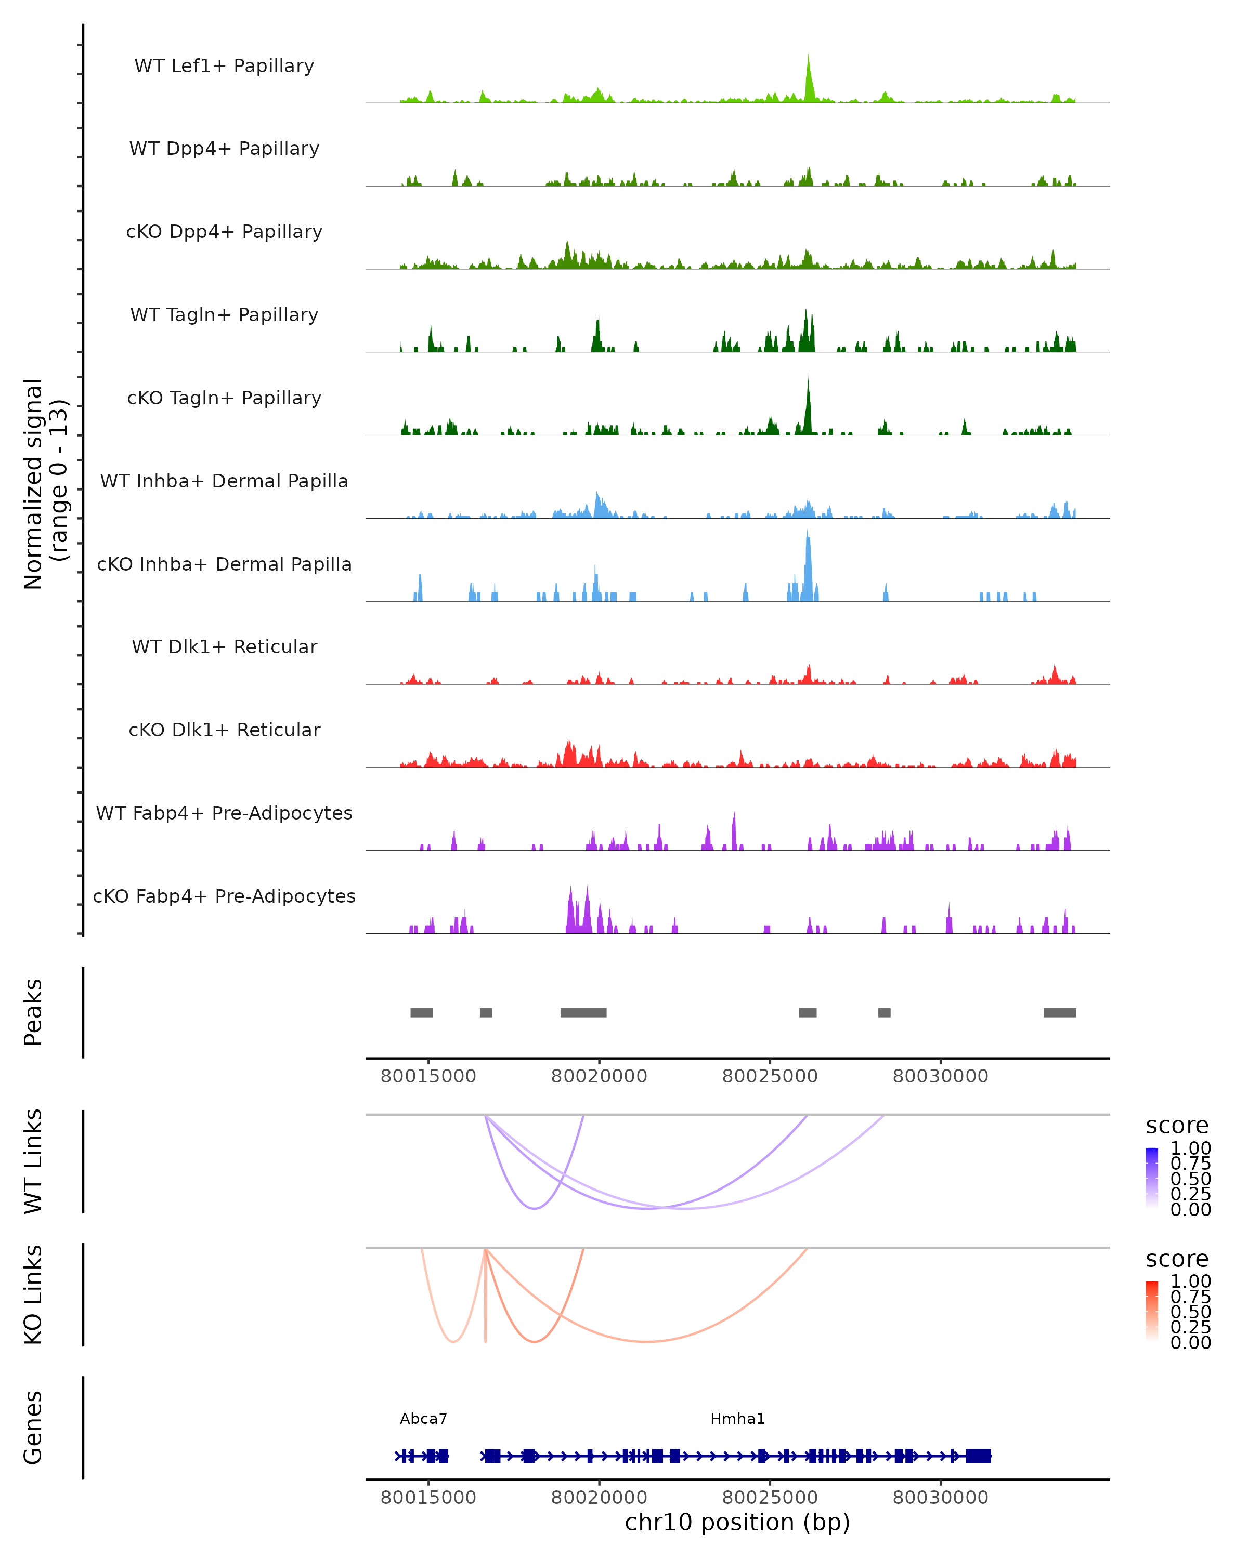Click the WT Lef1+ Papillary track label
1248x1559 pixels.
click(x=224, y=66)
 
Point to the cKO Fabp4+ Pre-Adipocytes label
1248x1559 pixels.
click(x=224, y=896)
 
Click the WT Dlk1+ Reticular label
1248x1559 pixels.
click(x=224, y=646)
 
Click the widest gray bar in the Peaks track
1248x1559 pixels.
click(x=583, y=1012)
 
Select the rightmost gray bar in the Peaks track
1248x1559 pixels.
click(x=1059, y=1012)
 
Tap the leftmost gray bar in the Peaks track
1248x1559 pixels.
click(x=421, y=1012)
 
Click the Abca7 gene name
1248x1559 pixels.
click(x=423, y=1419)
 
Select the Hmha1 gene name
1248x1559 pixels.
click(x=737, y=1419)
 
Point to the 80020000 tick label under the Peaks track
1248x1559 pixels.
click(x=599, y=1076)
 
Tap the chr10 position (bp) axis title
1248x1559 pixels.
click(x=737, y=1523)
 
